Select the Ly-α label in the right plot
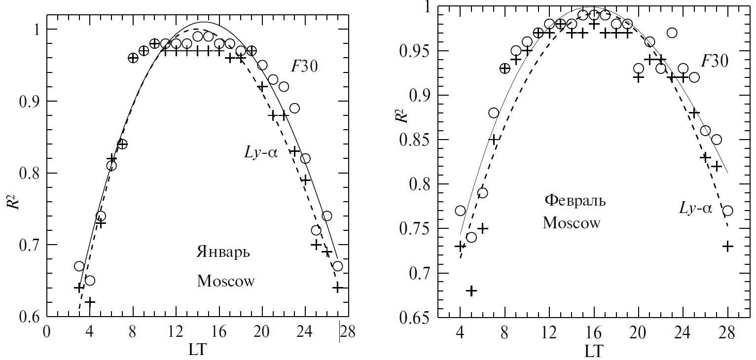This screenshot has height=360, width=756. pyautogui.click(x=695, y=208)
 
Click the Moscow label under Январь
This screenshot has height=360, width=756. pyautogui.click(x=226, y=282)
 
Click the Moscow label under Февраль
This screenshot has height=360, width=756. pyautogui.click(x=572, y=223)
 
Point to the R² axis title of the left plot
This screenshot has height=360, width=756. pyautogui.click(x=13, y=198)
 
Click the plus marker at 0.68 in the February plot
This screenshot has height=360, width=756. pyautogui.click(x=471, y=291)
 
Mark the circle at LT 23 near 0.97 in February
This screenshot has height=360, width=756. pyautogui.click(x=672, y=33)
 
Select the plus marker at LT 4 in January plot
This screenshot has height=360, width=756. pyautogui.click(x=90, y=301)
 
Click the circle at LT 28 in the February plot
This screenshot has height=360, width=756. pyautogui.click(x=727, y=211)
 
